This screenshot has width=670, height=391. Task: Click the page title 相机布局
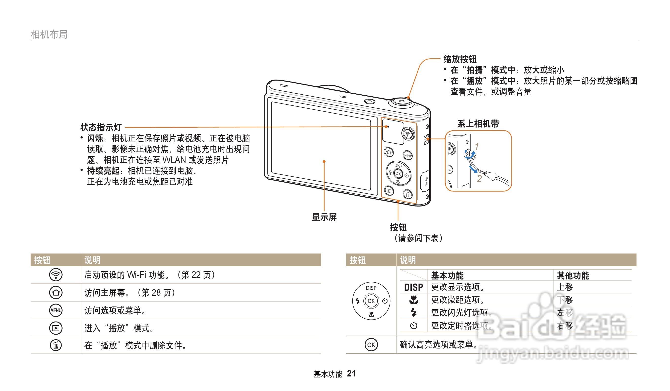point(49,34)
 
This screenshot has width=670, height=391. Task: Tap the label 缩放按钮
point(460,59)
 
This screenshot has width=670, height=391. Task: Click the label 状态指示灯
point(101,127)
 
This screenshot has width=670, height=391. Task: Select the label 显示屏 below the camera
point(324,217)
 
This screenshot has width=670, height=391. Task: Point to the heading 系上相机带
point(478,124)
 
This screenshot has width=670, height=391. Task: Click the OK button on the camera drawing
point(398,174)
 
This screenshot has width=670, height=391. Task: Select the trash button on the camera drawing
point(407,195)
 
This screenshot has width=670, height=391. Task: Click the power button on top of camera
point(370,101)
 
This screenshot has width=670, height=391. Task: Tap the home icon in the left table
point(56,293)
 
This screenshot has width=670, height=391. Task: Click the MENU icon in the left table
point(56,310)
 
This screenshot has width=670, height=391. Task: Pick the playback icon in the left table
point(56,328)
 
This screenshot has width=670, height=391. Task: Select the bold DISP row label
point(413,287)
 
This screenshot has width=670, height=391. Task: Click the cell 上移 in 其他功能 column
point(565,287)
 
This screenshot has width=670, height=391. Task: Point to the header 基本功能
point(447,275)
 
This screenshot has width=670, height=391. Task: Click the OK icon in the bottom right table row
point(371,345)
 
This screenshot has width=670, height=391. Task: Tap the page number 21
point(351,374)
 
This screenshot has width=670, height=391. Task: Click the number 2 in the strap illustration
point(479,178)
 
